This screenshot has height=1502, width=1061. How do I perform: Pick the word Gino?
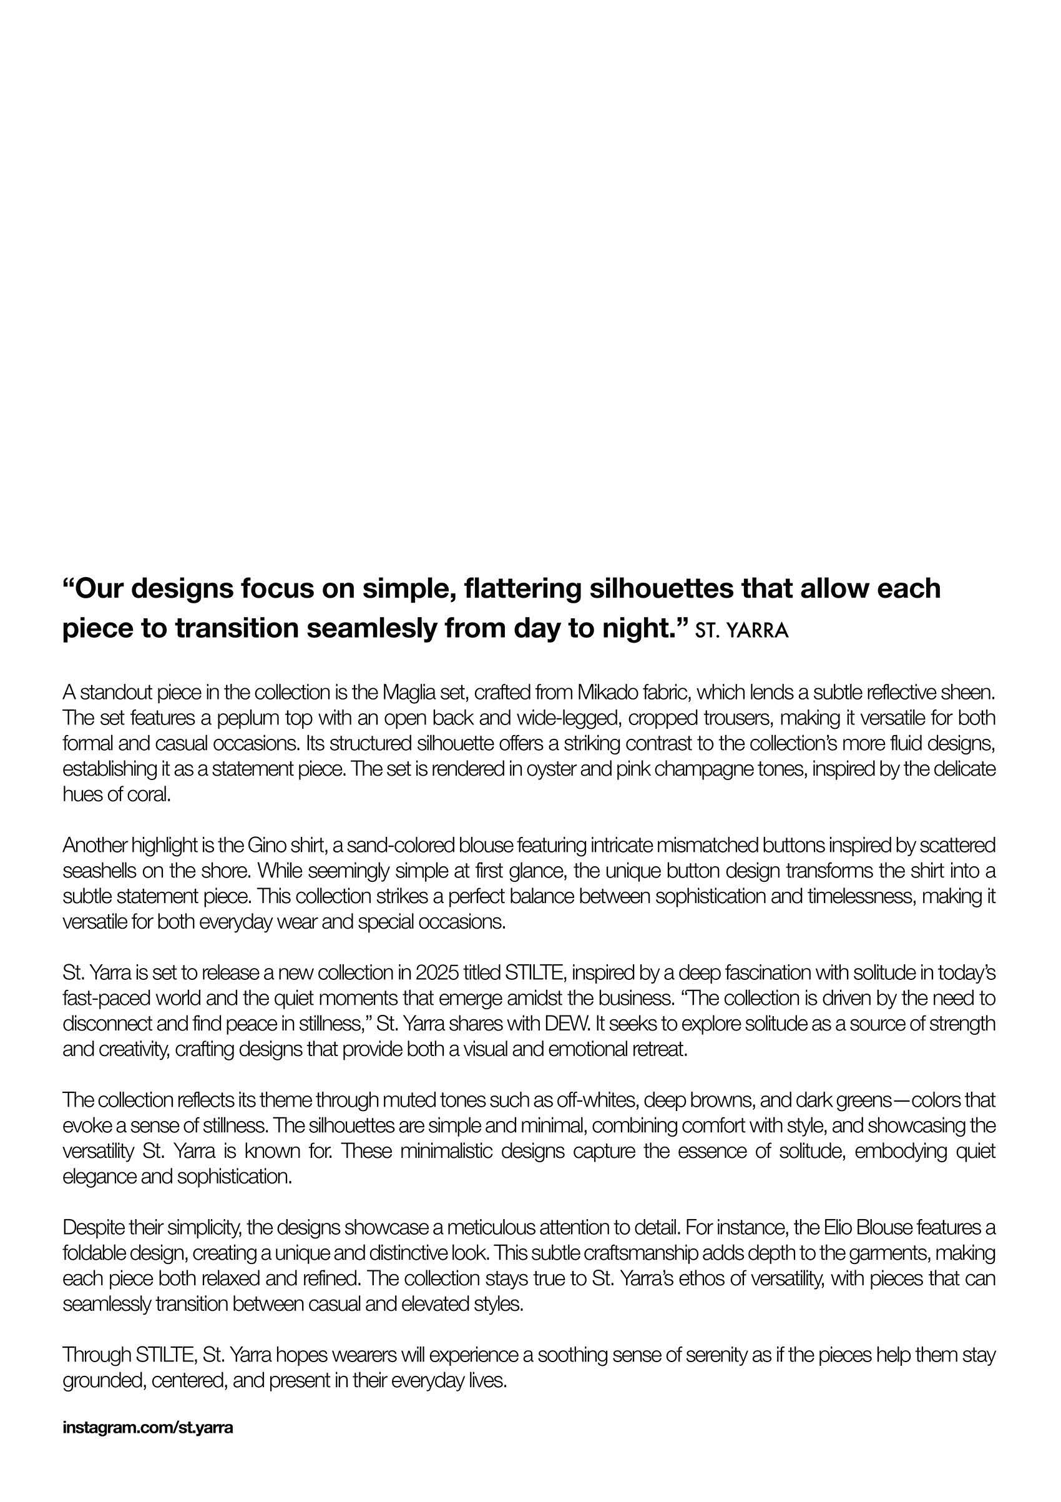(265, 846)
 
